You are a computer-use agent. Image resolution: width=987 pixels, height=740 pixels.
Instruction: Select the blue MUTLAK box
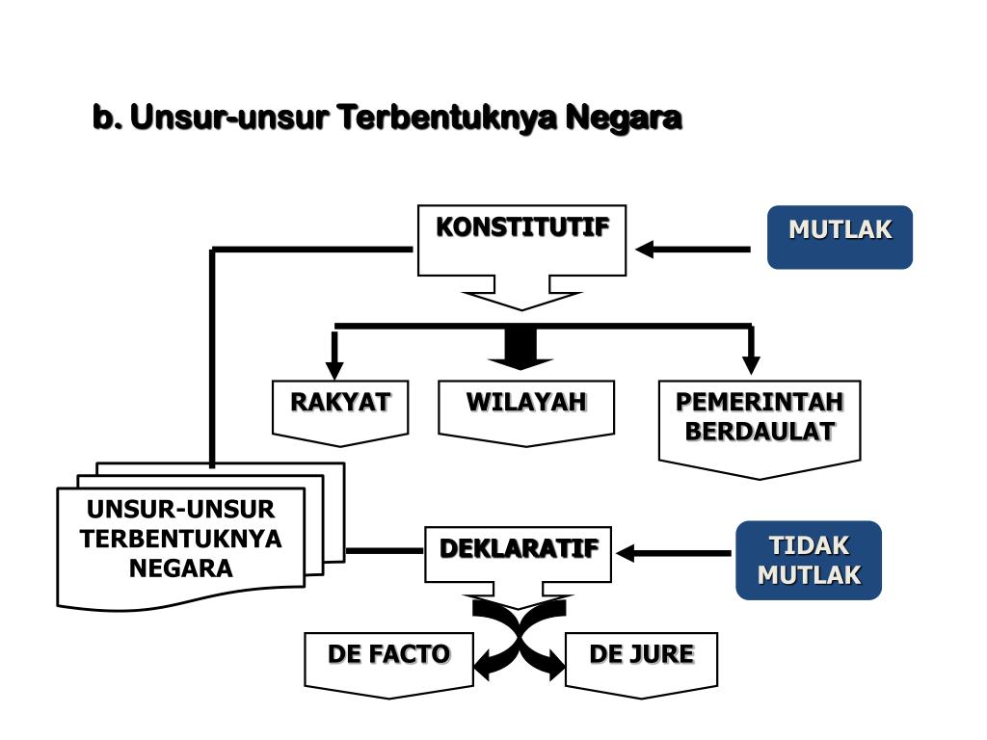coord(840,236)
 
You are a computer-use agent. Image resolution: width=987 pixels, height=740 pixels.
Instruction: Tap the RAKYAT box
coord(340,409)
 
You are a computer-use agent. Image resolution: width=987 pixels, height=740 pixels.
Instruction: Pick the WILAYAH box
coord(526,409)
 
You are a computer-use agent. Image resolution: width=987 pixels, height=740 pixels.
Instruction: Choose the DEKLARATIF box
coord(519,552)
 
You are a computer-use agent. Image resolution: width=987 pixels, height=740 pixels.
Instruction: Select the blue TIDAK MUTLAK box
coord(809,560)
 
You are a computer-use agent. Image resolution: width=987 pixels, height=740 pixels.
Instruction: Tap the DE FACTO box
coord(389,659)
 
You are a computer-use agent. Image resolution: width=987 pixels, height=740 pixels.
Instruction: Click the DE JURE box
coord(641,659)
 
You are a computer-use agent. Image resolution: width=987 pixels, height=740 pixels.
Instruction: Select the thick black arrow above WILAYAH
coord(520,349)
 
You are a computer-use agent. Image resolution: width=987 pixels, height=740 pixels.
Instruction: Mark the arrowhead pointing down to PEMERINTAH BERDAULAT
coord(751,364)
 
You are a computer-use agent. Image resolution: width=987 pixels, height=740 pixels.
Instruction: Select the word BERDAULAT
coord(760,432)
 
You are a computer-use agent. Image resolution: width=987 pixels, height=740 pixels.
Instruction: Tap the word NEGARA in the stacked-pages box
coord(181,568)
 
